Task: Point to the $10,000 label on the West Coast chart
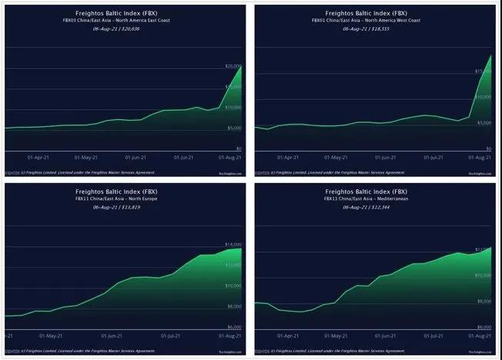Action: (484, 97)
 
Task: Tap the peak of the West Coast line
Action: (490, 55)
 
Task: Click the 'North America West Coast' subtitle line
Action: (375, 19)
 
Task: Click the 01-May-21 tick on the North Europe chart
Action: (50, 336)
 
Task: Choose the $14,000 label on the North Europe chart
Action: (233, 244)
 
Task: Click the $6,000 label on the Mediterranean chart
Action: (484, 327)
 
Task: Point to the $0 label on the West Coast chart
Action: (487, 148)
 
